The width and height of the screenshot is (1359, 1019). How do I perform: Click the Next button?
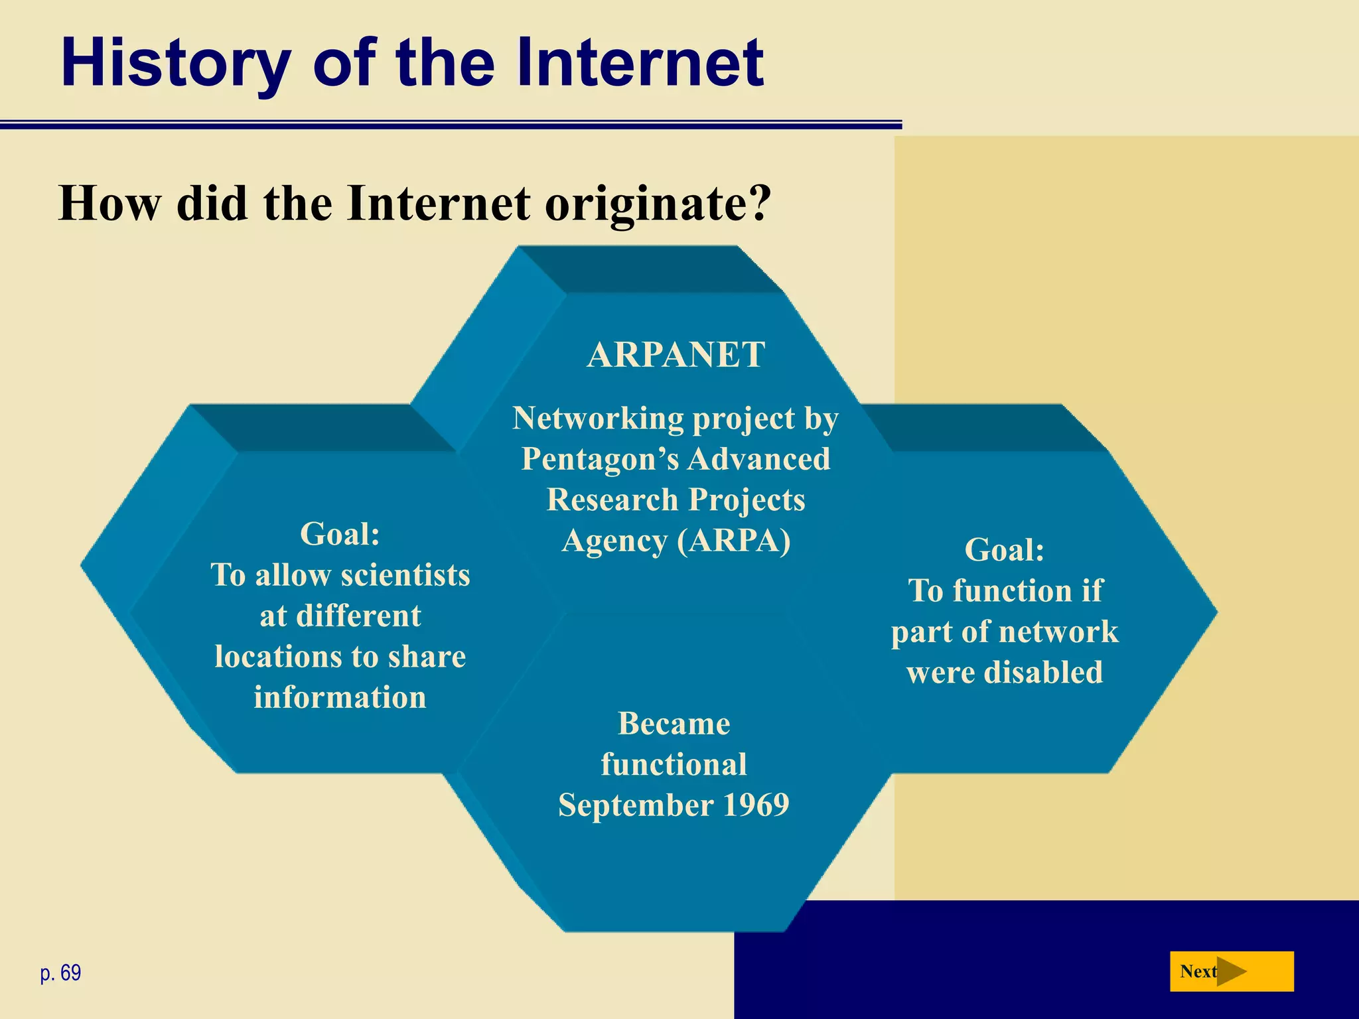[x=1231, y=972]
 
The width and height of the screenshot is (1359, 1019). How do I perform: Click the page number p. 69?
[x=60, y=973]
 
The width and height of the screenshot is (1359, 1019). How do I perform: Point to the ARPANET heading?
[x=676, y=355]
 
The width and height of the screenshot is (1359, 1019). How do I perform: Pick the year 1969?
[x=755, y=805]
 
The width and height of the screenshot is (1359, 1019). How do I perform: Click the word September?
[x=636, y=805]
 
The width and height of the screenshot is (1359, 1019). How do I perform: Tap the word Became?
[x=674, y=724]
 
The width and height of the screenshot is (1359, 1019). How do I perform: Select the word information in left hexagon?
[x=340, y=698]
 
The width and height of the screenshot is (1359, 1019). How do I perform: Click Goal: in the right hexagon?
[x=1004, y=550]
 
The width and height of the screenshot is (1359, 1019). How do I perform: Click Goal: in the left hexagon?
[x=340, y=534]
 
